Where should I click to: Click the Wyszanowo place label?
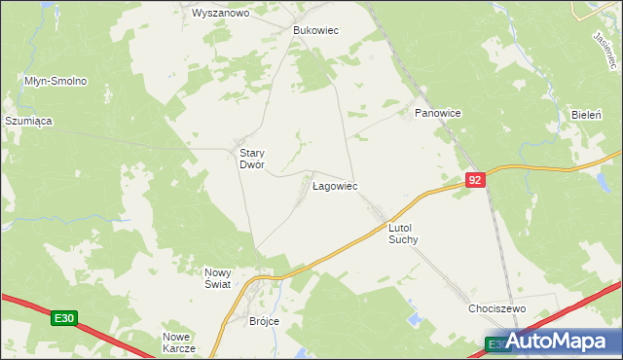click(221, 14)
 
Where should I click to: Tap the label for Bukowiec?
click(315, 30)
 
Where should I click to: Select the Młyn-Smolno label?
click(56, 81)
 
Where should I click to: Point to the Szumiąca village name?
click(28, 121)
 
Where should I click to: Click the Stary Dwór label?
click(246, 159)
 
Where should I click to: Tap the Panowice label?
click(437, 114)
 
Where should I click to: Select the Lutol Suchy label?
click(403, 233)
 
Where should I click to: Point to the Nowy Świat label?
click(216, 277)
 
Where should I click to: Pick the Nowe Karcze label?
click(179, 342)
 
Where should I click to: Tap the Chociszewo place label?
click(496, 308)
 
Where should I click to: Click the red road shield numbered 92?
click(474, 180)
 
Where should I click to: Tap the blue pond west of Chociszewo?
click(416, 318)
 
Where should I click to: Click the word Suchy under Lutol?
click(403, 239)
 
